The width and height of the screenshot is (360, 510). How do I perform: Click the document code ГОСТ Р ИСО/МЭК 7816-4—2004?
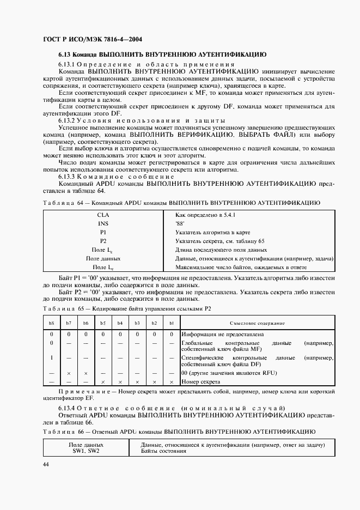point(92,39)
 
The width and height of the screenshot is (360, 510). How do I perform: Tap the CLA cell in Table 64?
point(103,215)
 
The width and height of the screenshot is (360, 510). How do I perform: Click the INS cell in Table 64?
point(103,224)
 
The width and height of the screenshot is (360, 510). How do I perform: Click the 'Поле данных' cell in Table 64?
point(103,259)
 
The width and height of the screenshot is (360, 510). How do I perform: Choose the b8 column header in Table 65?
point(52,323)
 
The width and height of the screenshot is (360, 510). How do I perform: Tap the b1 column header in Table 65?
point(171,323)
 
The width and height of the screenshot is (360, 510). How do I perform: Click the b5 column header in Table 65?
point(103,323)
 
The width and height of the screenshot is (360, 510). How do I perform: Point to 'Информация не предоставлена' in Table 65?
point(223,334)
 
